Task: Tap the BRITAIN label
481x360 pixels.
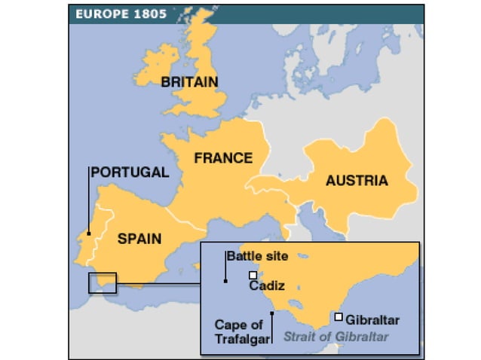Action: [189, 82]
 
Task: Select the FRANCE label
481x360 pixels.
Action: [222, 158]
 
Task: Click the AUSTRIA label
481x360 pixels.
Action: [357, 181]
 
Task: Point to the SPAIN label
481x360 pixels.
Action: [139, 239]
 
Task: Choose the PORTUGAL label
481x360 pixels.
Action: [130, 172]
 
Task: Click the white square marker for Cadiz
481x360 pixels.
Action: [253, 275]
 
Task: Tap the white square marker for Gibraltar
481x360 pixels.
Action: [339, 317]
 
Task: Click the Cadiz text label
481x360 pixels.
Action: [265, 287]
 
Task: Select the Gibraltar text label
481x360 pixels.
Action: [372, 320]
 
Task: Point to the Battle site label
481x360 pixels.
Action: [257, 256]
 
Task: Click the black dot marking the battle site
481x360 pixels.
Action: [225, 281]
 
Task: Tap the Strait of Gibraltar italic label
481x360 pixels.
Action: [335, 337]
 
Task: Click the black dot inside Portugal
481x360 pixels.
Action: [88, 233]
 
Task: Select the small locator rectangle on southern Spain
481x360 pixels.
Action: [103, 282]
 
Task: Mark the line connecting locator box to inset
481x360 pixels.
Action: [158, 284]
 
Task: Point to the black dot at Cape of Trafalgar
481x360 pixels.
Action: [271, 310]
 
